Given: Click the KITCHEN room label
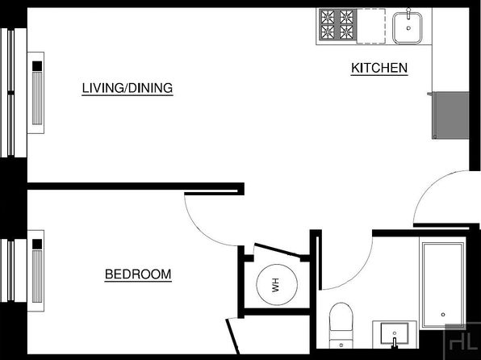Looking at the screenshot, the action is [x=379, y=68].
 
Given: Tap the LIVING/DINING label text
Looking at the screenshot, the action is [x=128, y=88].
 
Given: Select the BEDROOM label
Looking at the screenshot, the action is [x=138, y=274].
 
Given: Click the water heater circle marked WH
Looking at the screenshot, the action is [x=277, y=284].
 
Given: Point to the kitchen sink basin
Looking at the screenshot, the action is [x=408, y=28].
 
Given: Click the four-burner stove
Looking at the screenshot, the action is [x=337, y=24].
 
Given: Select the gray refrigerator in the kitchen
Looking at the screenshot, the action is [x=450, y=115].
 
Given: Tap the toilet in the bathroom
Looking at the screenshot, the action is [x=341, y=325].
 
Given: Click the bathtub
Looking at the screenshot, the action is [x=443, y=286].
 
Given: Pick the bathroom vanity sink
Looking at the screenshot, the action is [x=395, y=333].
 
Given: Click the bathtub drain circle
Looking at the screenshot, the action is [x=443, y=315].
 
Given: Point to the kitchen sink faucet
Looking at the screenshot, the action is [x=408, y=14].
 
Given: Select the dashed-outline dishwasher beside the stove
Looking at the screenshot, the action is [x=371, y=26].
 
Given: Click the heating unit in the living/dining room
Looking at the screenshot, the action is [x=36, y=93].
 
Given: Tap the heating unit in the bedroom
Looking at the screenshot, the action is [x=36, y=270].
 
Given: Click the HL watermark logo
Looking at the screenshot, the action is [x=462, y=341].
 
